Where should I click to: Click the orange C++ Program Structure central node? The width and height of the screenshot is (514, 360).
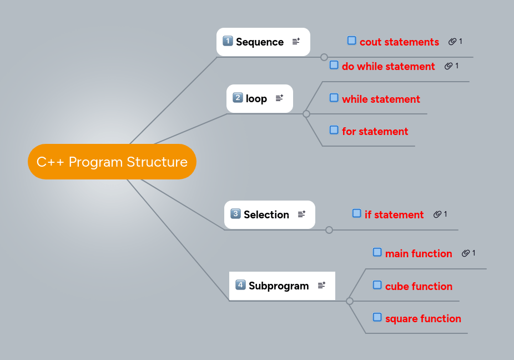pos(112,162)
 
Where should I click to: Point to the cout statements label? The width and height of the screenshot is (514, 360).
pos(399,42)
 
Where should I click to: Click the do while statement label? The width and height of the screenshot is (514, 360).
pos(388,66)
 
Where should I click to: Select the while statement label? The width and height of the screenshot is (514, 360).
pos(381,99)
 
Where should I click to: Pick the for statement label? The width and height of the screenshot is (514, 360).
pos(375,131)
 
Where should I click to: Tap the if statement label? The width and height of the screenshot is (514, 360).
pos(394,214)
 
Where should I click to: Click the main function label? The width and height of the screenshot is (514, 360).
pos(419,253)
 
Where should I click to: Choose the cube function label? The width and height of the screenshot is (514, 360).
pos(419,286)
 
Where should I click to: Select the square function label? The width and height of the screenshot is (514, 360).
pos(423,318)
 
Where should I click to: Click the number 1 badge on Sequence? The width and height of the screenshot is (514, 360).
pos(228,41)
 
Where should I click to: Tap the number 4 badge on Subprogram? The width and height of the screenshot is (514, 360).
pos(240,285)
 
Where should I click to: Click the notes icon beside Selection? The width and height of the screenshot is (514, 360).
pos(301,214)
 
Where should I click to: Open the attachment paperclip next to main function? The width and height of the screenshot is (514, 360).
pos(465,253)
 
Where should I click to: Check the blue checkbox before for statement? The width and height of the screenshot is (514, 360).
pos(334,130)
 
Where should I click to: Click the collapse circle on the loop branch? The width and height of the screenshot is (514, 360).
pos(306,114)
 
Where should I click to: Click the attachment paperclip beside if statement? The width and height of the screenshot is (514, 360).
pos(437,214)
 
